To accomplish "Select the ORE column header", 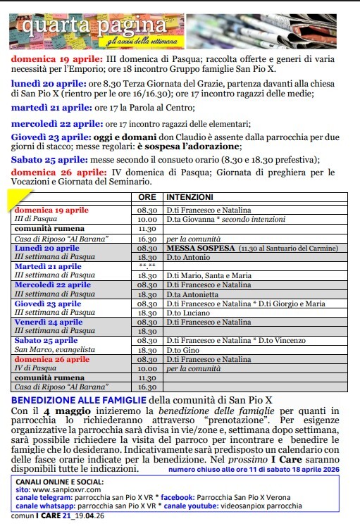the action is (x=147, y=198).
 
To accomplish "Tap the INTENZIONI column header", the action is (x=190, y=198).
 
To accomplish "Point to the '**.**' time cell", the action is (x=147, y=266).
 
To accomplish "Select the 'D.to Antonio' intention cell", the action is (x=185, y=258).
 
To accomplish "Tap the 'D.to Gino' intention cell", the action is (x=181, y=349).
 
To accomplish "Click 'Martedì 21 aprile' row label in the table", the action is (x=48, y=266).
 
